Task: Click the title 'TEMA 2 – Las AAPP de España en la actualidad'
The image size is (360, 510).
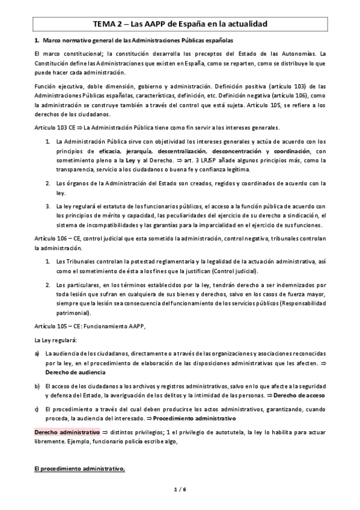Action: tap(180, 24)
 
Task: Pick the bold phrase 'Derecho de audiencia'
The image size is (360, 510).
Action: tap(75, 372)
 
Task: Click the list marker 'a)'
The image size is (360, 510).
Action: tap(37, 355)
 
